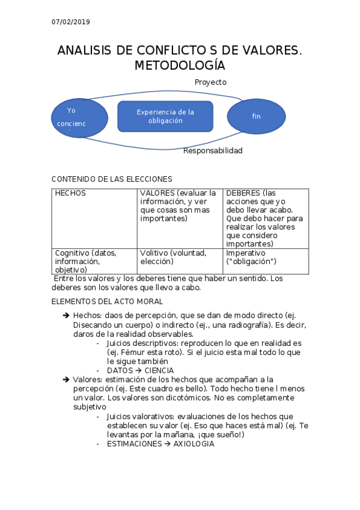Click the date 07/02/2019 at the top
[70, 22]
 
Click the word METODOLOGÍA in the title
[180, 66]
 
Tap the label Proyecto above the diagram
[210, 82]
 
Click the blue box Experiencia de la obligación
[165, 116]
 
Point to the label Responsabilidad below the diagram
[213, 150]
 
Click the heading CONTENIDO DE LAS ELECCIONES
[112, 179]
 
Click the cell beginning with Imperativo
[266, 257]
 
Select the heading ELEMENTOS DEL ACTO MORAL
[108, 301]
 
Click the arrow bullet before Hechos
[66, 315]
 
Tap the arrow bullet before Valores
[66, 379]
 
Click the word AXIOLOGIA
[194, 444]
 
